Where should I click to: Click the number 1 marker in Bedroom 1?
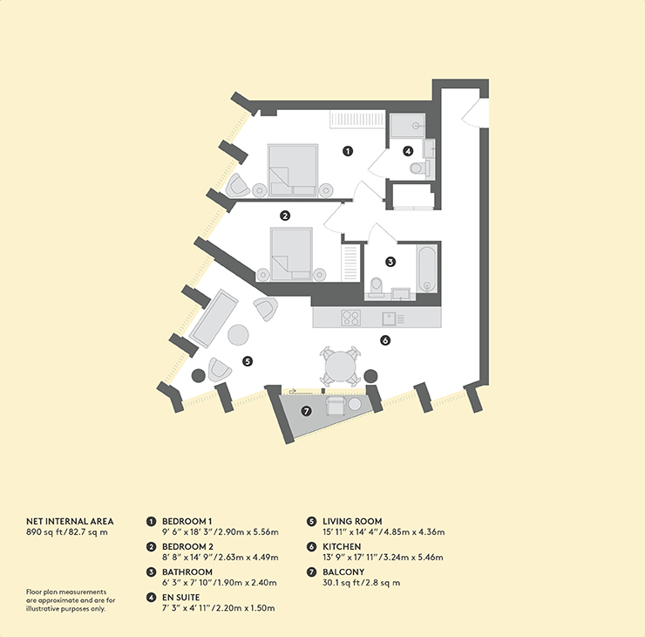pyautogui.click(x=348, y=151)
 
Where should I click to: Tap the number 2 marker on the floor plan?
pyautogui.click(x=285, y=216)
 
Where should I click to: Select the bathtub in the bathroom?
pyautogui.click(x=427, y=269)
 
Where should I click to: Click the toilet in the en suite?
pyautogui.click(x=419, y=168)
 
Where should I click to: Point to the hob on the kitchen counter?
pyautogui.click(x=351, y=318)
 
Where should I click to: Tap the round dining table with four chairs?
pyautogui.click(x=340, y=366)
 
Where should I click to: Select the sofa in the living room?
pyautogui.click(x=214, y=318)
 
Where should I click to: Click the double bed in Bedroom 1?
pyautogui.click(x=293, y=170)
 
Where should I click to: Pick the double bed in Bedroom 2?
pyautogui.click(x=291, y=255)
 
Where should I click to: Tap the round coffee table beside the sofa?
pyautogui.click(x=238, y=335)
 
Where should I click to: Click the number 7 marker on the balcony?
pyautogui.click(x=306, y=411)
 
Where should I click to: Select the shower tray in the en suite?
pyautogui.click(x=408, y=125)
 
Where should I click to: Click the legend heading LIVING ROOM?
pyautogui.click(x=352, y=521)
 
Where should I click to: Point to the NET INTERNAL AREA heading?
pyautogui.click(x=70, y=521)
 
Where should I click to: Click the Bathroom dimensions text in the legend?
pyautogui.click(x=220, y=583)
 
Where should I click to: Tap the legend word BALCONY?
pyautogui.click(x=343, y=572)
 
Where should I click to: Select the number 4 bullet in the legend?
pyautogui.click(x=152, y=598)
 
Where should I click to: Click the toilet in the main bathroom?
pyautogui.click(x=377, y=286)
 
